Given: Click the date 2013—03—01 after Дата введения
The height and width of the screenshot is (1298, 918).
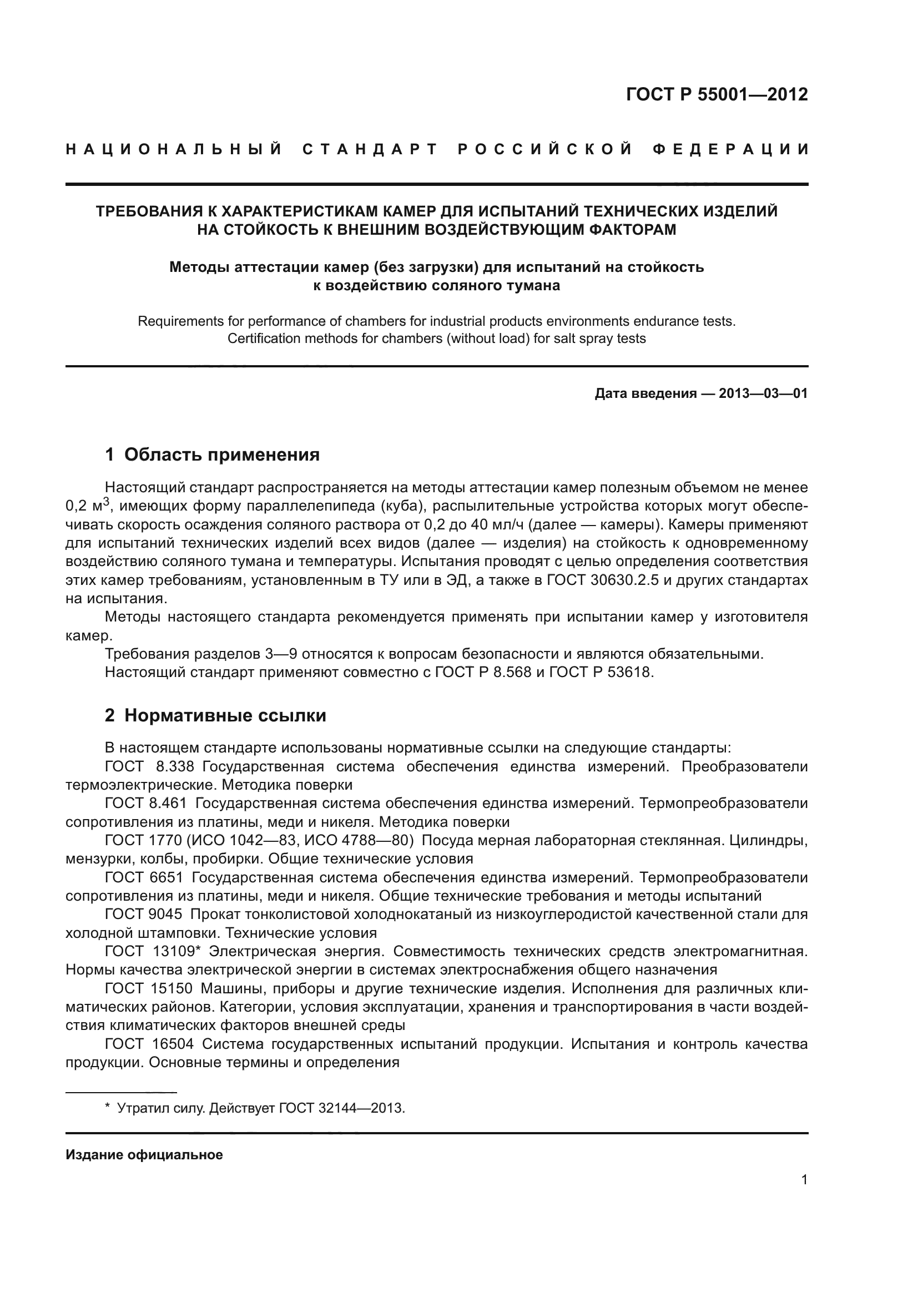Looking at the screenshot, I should pos(763,393).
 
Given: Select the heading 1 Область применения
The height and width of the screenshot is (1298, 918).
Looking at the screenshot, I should pos(212,454).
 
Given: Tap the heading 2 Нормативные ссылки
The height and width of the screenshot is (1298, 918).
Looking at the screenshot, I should pos(215,716).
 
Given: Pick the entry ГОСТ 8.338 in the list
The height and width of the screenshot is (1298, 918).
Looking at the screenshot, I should pos(150,766).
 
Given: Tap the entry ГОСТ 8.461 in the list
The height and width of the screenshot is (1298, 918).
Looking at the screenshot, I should pos(150,804).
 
